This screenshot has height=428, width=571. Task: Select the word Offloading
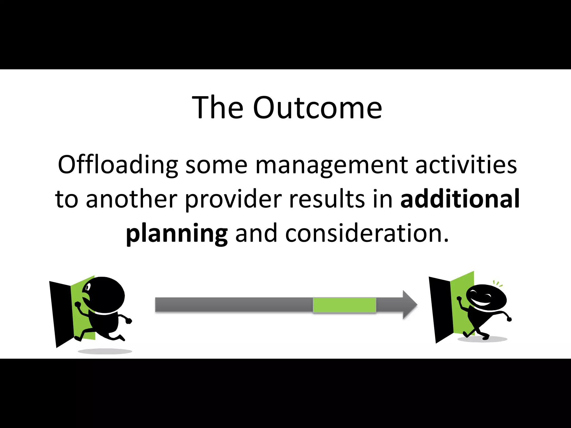point(118,165)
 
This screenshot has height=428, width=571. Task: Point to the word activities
point(466,165)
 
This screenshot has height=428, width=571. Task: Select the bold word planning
point(177,234)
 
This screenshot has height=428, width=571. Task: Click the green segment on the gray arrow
point(344,305)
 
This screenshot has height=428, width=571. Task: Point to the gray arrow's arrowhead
point(410,305)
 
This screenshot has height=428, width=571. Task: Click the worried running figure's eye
point(88,287)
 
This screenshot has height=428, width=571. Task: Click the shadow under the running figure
point(105,351)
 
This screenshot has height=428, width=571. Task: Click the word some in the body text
point(216,165)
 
